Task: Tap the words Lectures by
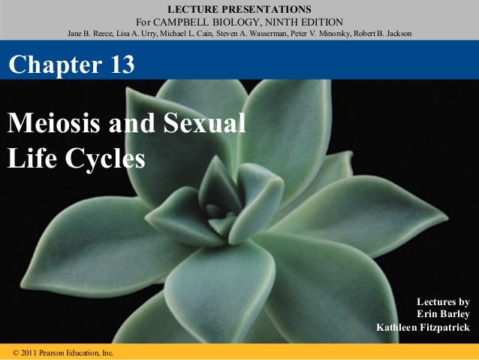pos(448,301)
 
